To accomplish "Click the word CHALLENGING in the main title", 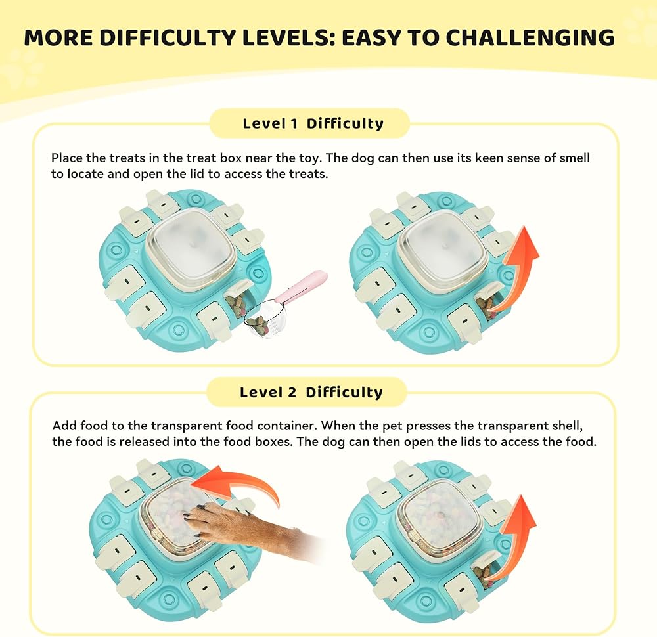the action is coord(530,37).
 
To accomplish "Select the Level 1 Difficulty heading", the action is coord(313,123).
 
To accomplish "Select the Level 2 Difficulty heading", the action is coord(311,393).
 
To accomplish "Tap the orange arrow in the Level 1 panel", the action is coord(518,268).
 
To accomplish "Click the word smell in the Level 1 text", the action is coord(574,158).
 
